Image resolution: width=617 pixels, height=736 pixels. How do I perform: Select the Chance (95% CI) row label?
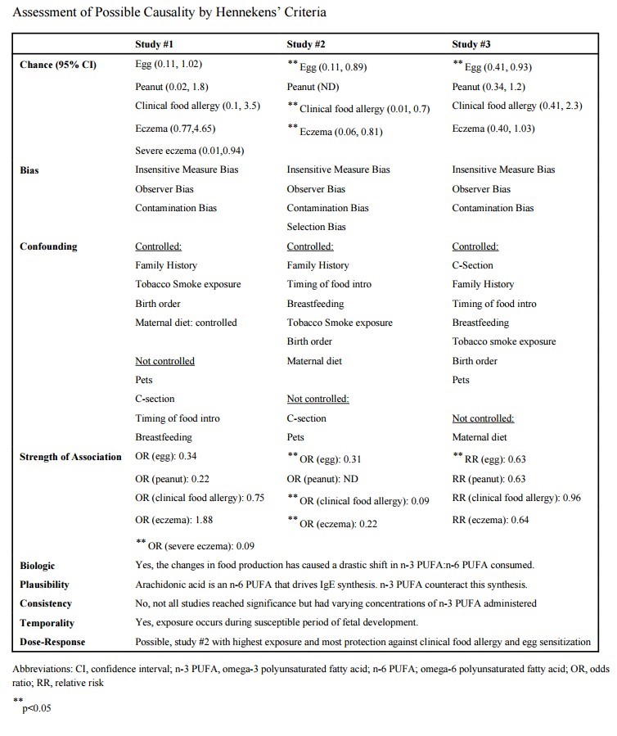click(58, 64)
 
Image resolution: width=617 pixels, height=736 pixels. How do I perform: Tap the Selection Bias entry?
click(316, 227)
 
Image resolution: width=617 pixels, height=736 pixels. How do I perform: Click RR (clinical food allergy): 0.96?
click(516, 497)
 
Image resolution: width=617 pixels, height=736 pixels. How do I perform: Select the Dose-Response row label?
click(54, 642)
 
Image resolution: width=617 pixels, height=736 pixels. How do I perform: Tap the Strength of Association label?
click(70, 456)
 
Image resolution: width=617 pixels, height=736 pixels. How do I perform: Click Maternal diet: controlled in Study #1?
click(186, 323)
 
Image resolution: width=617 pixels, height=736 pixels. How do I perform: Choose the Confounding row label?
click(48, 246)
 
